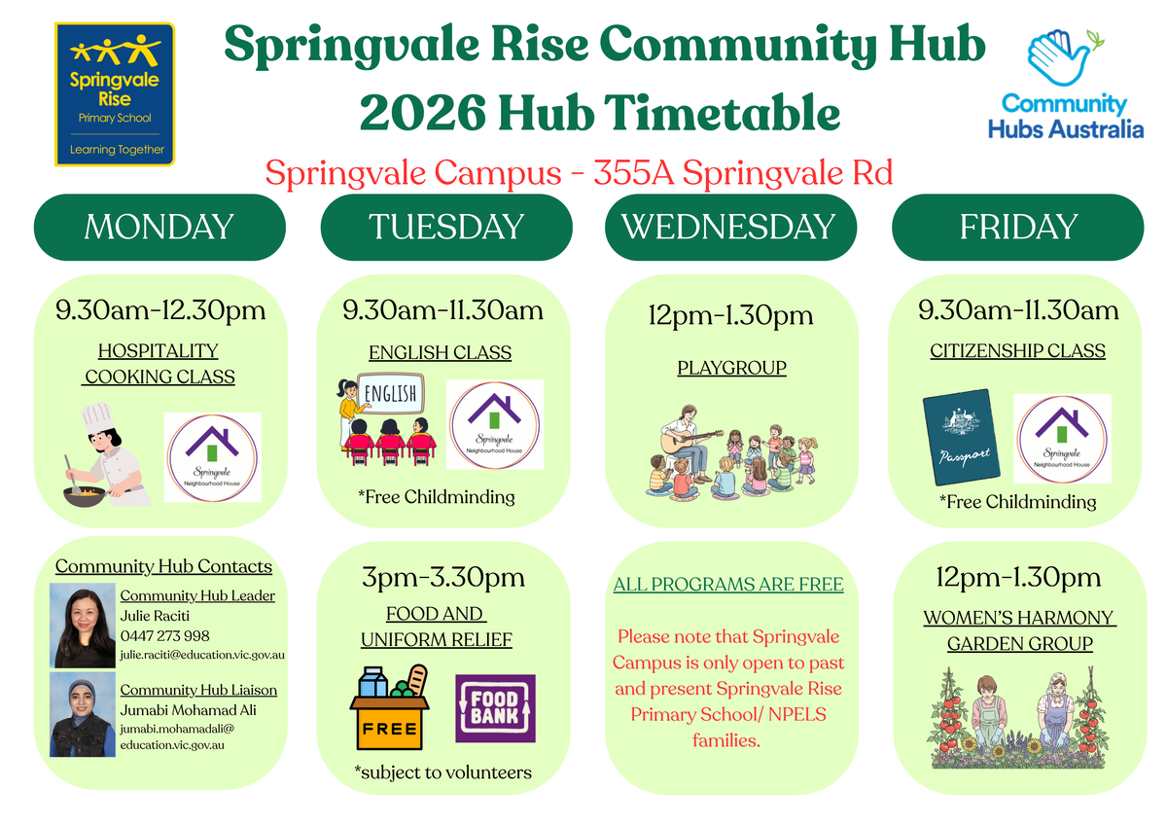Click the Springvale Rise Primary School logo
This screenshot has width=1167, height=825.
[x=115, y=94]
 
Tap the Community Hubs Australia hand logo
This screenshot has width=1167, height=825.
[x=1064, y=57]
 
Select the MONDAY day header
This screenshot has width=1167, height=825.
[x=159, y=228]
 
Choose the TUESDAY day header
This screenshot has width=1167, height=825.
[x=446, y=228]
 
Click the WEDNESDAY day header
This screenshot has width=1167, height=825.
[x=730, y=228]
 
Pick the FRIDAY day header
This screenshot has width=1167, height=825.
[x=1018, y=228]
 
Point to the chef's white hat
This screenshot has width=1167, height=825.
[x=97, y=418]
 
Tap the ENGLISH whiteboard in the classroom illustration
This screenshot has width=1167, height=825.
[x=391, y=393]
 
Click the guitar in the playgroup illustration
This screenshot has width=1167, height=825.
[x=690, y=441]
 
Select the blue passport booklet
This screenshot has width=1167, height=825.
[x=961, y=437]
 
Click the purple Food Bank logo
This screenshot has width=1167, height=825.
[x=495, y=708]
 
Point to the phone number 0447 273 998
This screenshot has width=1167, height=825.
[x=164, y=636]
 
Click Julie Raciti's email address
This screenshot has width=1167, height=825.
[x=202, y=655]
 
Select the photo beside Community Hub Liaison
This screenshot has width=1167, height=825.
[x=83, y=714]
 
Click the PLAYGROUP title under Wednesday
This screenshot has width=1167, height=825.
[x=731, y=368]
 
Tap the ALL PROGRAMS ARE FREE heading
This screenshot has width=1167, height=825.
[x=728, y=585]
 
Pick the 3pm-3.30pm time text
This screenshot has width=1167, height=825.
[x=443, y=578]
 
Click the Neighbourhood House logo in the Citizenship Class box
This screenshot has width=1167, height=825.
[x=1062, y=439]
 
